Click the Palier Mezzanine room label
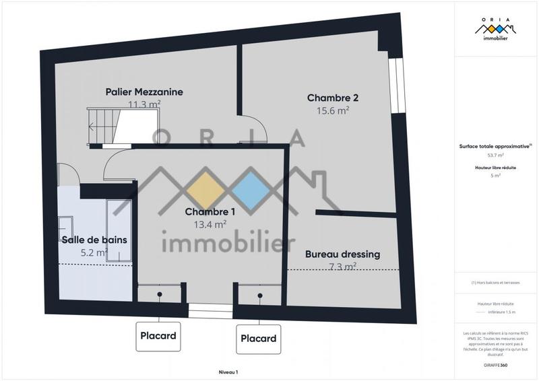click(144, 92)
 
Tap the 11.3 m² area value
click(144, 104)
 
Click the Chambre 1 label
click(210, 212)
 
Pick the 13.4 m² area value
click(210, 225)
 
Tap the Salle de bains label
click(94, 240)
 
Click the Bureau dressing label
click(342, 254)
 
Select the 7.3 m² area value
click(342, 267)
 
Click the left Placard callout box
click(158, 335)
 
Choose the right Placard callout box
click(259, 338)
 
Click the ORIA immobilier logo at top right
click(496, 31)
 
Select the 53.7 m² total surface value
click(496, 155)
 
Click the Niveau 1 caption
click(228, 372)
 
